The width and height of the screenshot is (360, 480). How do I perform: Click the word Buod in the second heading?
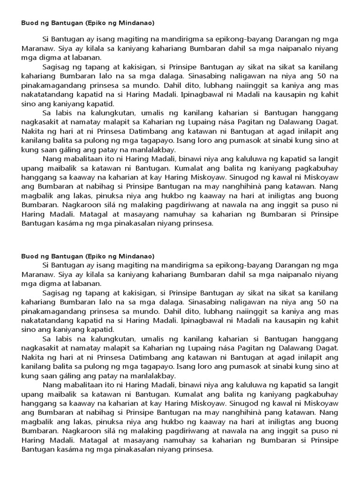(x=30, y=256)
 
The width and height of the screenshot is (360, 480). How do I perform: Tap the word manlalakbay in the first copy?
(x=155, y=150)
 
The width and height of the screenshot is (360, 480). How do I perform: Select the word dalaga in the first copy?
(x=164, y=76)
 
